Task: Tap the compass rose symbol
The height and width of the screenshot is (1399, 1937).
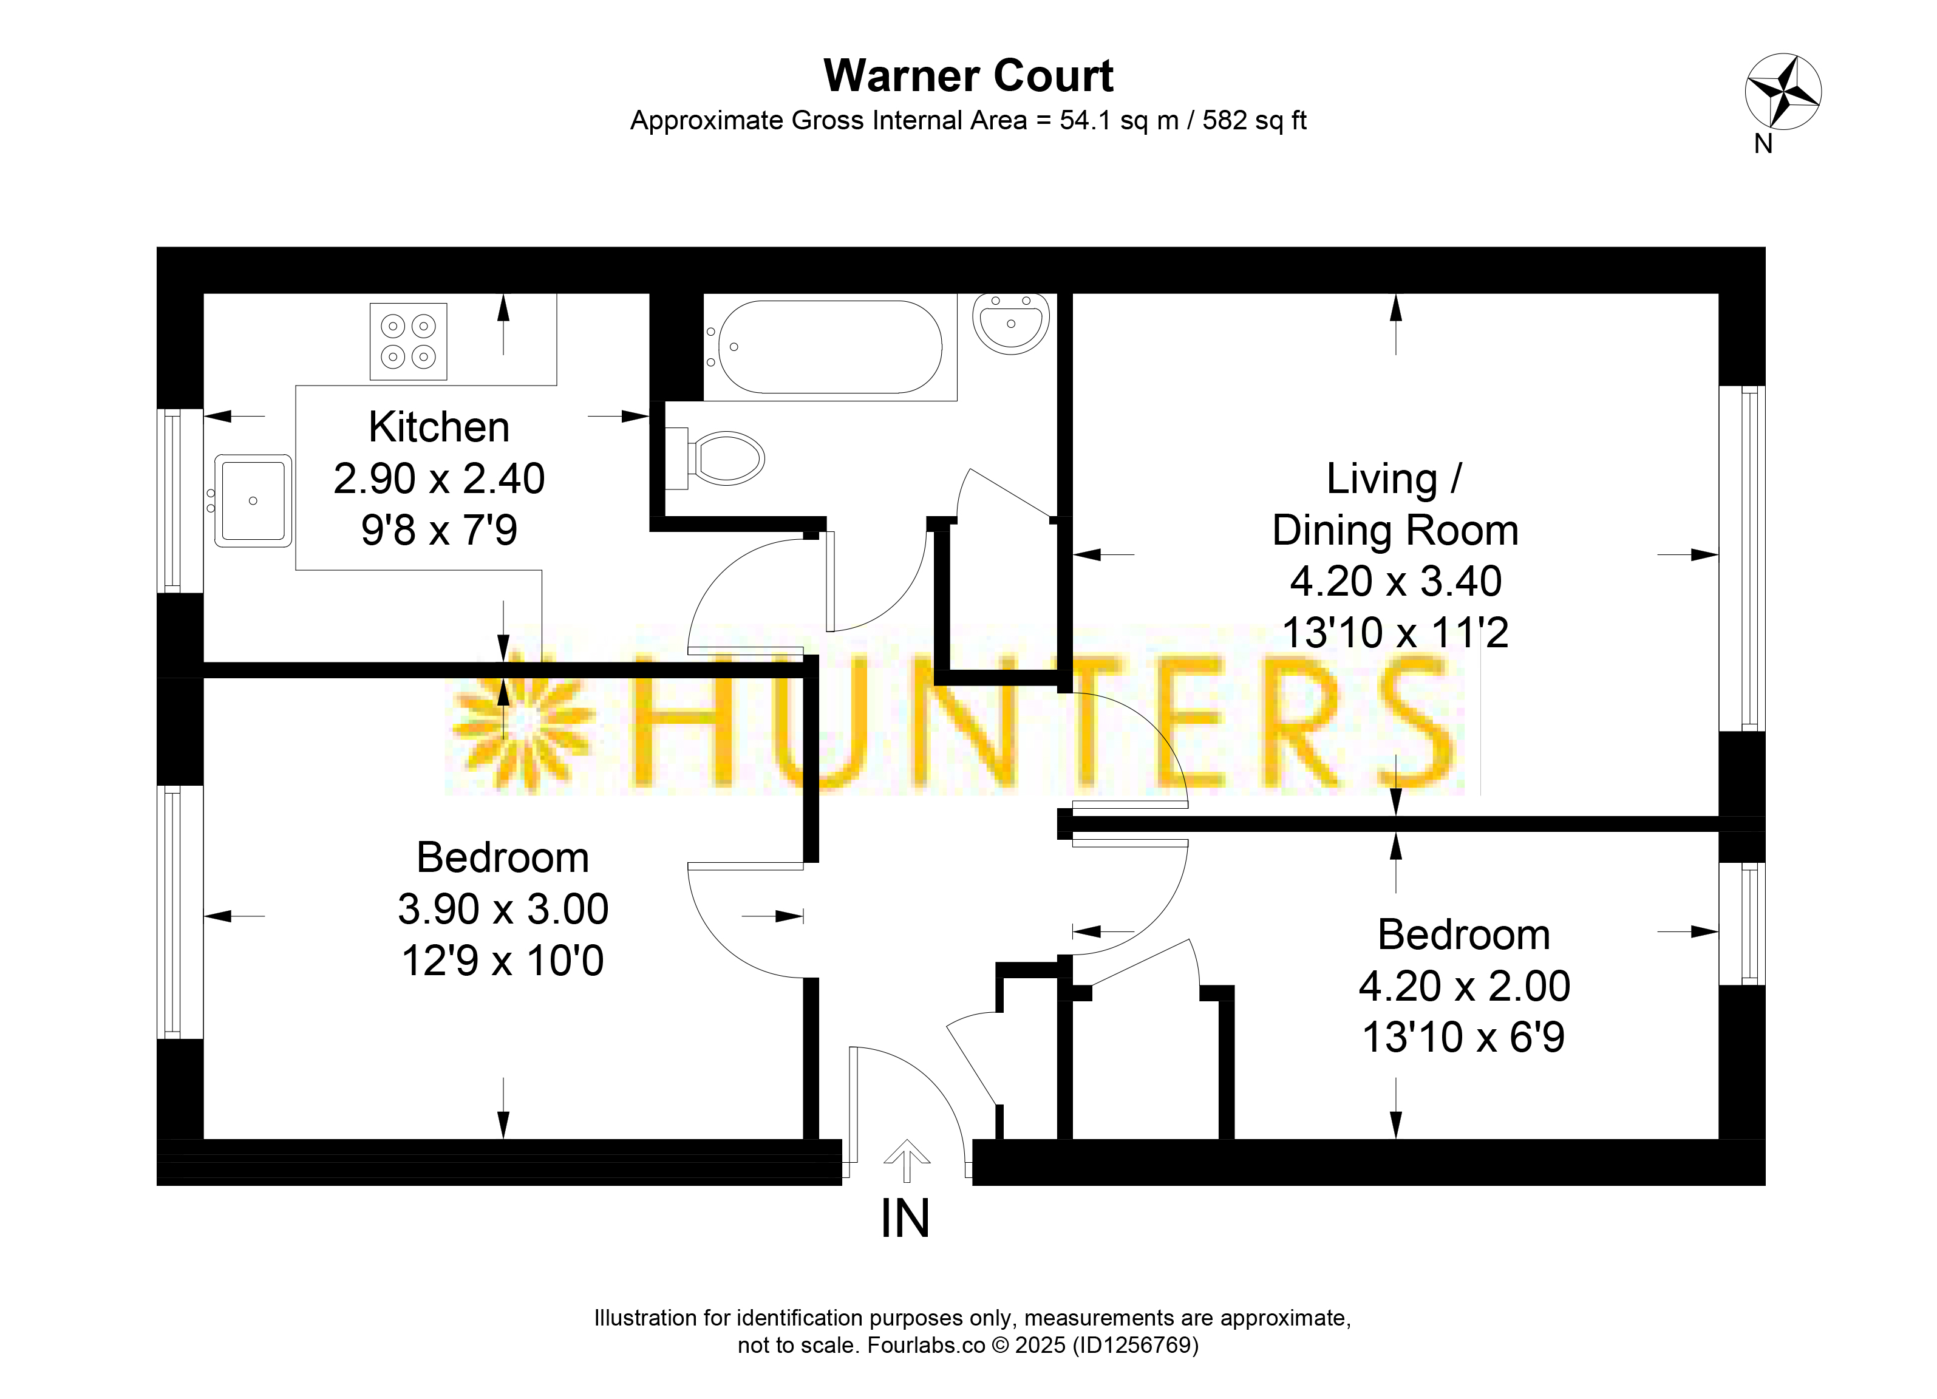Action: coord(1783,92)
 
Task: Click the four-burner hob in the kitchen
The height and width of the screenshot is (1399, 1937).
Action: coord(408,342)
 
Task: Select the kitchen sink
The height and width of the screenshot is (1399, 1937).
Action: coord(253,500)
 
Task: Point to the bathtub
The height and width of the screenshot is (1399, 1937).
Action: coord(829,347)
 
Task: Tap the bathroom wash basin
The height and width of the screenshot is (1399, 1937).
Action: coord(1011,323)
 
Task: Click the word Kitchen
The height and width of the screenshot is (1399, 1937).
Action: coord(439,427)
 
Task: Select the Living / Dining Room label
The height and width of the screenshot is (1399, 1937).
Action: coord(1395,504)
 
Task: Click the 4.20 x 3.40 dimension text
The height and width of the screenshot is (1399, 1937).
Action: coord(1395,582)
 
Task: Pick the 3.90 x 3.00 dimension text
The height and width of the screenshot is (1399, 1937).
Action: coord(503,909)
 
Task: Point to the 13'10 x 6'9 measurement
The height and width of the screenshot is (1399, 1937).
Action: coord(1464,1038)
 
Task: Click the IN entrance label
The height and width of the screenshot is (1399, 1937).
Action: coord(905,1219)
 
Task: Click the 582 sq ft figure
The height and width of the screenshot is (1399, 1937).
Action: coord(1254,120)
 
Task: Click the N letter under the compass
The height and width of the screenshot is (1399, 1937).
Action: coord(1763,145)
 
